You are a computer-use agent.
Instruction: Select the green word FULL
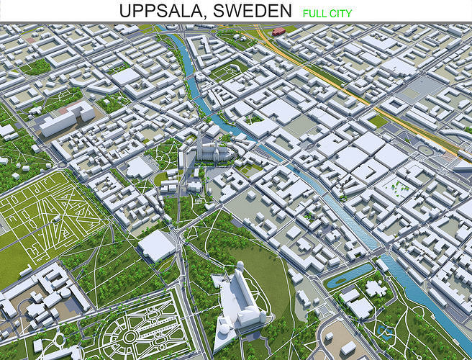pos(314,12)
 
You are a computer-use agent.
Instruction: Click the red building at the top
pos(278,32)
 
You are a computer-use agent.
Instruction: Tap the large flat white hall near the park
pos(156,245)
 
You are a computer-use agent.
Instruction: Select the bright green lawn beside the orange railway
pos(378,120)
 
